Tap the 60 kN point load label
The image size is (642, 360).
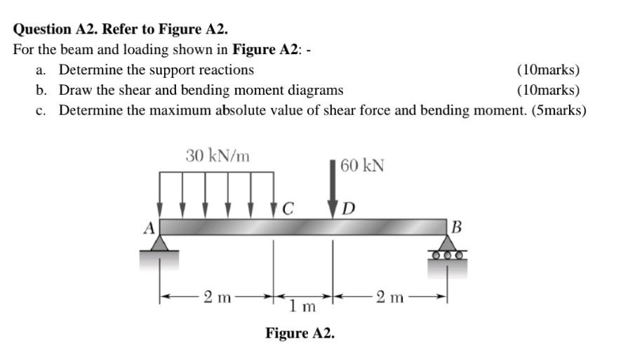[x=362, y=166]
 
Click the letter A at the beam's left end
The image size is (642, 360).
[x=148, y=227]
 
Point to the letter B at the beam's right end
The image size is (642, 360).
[x=457, y=227]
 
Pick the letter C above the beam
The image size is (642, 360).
[x=288, y=208]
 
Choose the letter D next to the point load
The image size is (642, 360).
[x=349, y=208]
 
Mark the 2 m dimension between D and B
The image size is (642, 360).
[x=389, y=297]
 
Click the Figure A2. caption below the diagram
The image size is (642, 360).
[x=300, y=333]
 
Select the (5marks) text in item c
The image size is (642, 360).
[x=559, y=110]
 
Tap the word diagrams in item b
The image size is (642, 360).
[x=316, y=90]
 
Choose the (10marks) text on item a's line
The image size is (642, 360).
[x=548, y=69]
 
